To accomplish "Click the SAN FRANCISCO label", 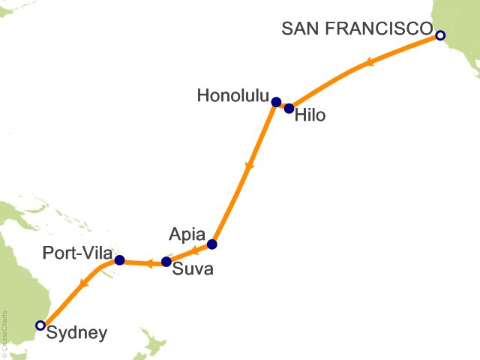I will pos(357,28).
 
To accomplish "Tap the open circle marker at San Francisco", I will pos(440,35).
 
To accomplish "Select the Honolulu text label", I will pos(232,96).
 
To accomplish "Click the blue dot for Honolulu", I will pos(276,102).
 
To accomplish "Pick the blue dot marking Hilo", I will pos(289,109).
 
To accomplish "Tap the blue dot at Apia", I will pos(212,244).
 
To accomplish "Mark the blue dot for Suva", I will pos(166,262).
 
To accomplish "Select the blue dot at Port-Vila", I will pos(119,260).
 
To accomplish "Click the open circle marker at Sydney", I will pos(40,325).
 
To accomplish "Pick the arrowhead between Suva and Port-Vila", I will pos(148,262).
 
